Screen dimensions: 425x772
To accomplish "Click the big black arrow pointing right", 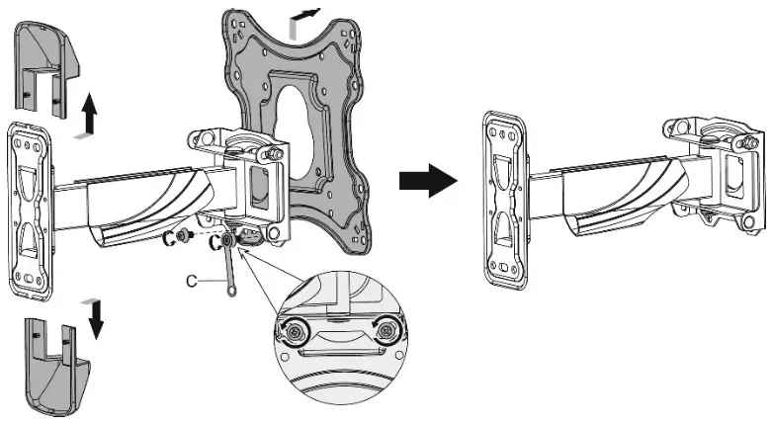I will click(428, 182).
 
